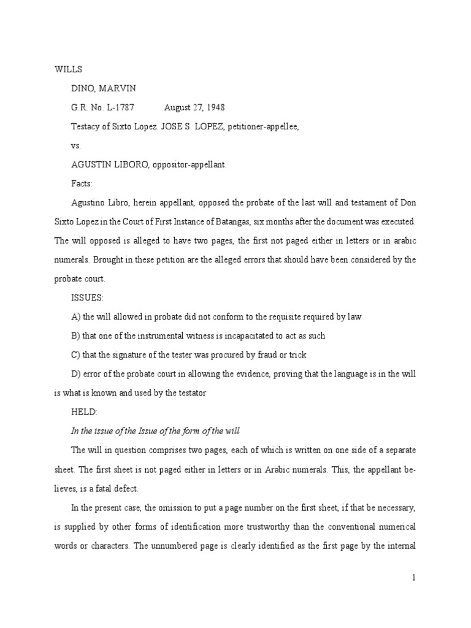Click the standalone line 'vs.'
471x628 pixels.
tap(76, 146)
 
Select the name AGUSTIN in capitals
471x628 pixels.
tap(90, 165)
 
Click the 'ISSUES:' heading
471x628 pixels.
tap(87, 297)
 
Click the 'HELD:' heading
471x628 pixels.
tap(85, 412)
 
